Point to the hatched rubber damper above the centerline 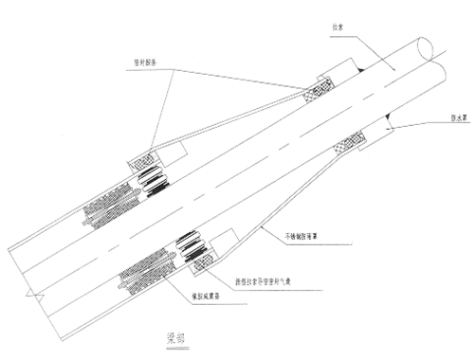pyautogui.click(x=106, y=202)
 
